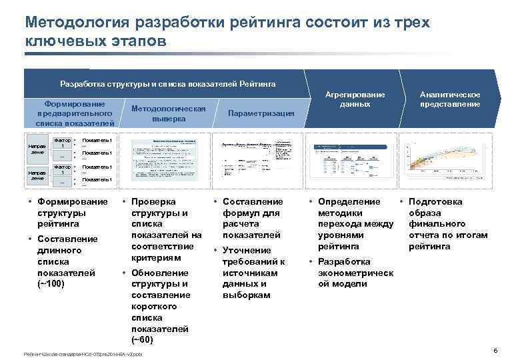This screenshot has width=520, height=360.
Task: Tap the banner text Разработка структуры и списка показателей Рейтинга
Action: [x=167, y=84]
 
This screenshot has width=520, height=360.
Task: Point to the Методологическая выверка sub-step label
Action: [x=169, y=113]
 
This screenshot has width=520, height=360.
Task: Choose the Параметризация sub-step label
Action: [x=261, y=113]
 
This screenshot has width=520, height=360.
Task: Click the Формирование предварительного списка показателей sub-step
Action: [x=74, y=113]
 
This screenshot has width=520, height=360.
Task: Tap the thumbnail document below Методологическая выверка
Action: [x=168, y=162]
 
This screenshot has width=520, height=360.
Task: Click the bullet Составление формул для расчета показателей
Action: [x=252, y=218]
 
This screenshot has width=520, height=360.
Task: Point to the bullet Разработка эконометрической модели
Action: [x=355, y=273]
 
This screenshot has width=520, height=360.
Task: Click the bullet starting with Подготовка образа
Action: [x=447, y=224]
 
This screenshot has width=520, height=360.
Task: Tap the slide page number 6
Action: [x=495, y=351]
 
